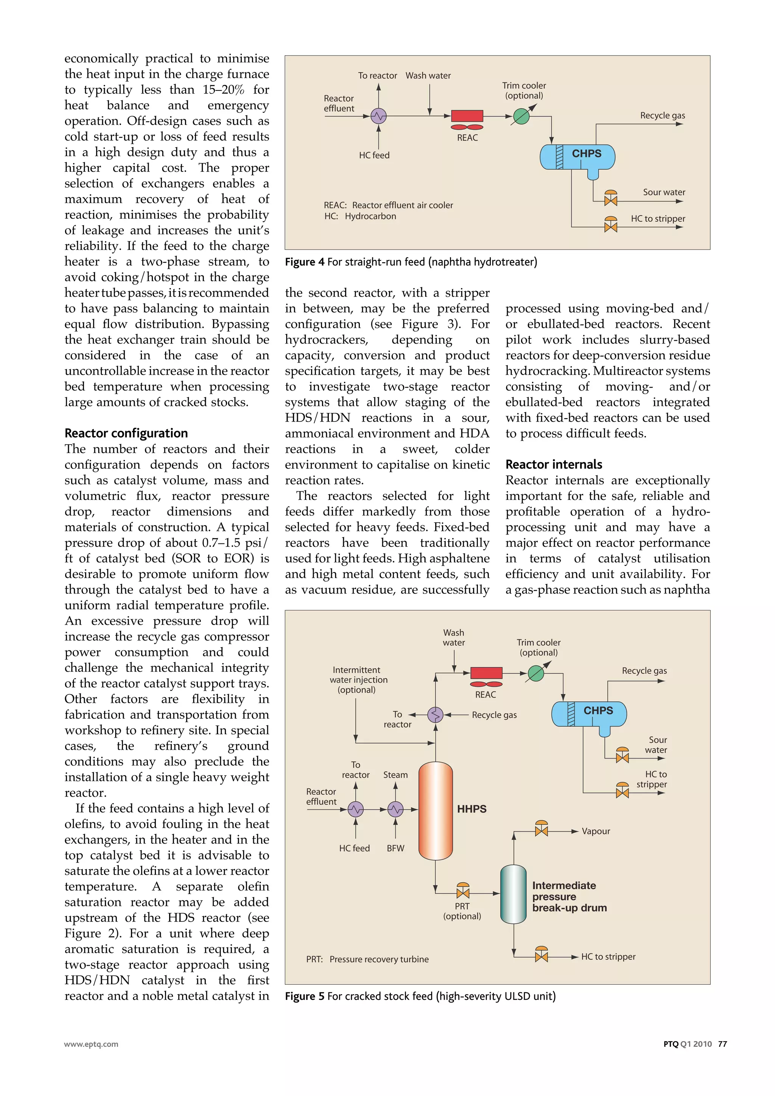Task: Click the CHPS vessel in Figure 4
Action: [577, 157]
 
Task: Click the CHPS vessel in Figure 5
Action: [589, 714]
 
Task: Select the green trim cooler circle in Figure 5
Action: [536, 674]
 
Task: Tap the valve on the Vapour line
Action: [541, 831]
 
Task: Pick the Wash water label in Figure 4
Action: [428, 75]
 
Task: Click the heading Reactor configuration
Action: [126, 433]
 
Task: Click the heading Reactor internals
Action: [554, 464]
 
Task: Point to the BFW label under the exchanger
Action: [395, 848]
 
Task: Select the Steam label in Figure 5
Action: [395, 775]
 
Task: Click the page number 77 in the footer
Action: [722, 1044]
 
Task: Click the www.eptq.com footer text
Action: [91, 1044]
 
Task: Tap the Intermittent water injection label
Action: [358, 680]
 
